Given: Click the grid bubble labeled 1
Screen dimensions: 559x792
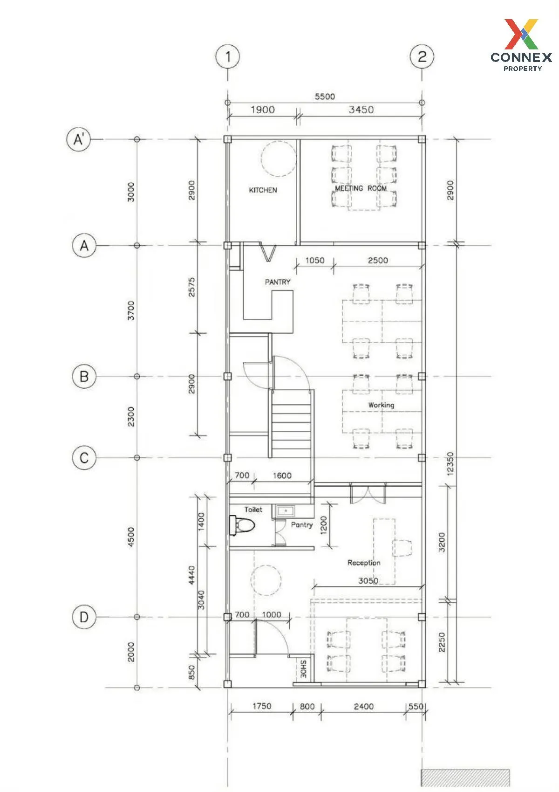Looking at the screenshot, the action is click(227, 56).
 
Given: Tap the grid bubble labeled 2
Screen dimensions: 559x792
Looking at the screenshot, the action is click(422, 56).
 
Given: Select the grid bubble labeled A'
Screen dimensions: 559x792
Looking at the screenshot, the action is click(79, 139).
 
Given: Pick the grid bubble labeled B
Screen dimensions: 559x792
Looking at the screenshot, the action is click(84, 376).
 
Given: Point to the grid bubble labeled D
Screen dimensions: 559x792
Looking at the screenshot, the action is click(84, 617).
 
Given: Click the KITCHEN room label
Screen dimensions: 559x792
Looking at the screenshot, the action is click(263, 190).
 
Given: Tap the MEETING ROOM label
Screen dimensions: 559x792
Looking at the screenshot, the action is click(361, 188).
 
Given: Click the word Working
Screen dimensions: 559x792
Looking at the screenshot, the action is click(381, 405).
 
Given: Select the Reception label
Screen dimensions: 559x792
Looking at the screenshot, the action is click(364, 563).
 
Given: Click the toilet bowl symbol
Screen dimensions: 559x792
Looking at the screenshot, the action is click(242, 525).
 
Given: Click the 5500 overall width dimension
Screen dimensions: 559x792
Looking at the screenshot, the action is click(325, 96).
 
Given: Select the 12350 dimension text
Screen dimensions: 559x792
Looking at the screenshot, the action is click(450, 463).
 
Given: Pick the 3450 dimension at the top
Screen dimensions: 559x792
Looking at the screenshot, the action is click(361, 110).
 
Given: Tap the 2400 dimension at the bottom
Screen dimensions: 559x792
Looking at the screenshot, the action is click(364, 706).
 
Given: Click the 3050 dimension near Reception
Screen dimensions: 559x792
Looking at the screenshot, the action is click(368, 580).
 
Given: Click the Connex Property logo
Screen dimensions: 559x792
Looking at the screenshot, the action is click(522, 45).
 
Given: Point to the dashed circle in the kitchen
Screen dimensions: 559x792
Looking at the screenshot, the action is click(279, 158).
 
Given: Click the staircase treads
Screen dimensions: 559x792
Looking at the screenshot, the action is click(291, 424).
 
